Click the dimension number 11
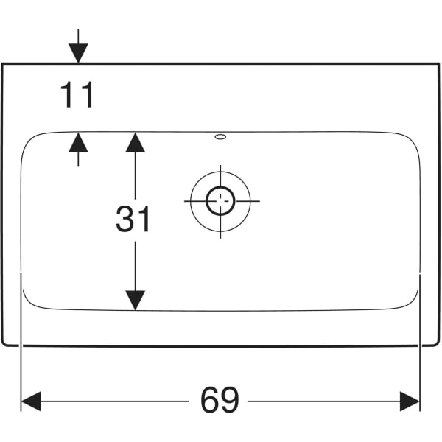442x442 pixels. (x=77, y=94)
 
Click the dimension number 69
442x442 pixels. (x=220, y=400)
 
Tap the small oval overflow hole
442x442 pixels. (x=220, y=137)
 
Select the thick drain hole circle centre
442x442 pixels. (x=220, y=201)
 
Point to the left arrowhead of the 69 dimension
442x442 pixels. (x=31, y=401)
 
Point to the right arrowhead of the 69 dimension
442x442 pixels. (x=410, y=401)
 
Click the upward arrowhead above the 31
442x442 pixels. (x=136, y=143)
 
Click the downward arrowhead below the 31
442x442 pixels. (x=136, y=301)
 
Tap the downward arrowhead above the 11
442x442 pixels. (x=78, y=53)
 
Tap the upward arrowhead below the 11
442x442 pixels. (x=78, y=143)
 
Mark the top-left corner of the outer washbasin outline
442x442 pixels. (x=2, y=63)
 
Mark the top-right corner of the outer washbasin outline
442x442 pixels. (x=439, y=63)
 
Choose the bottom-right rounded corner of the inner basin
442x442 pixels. (x=412, y=303)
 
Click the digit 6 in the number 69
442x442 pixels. (x=210, y=400)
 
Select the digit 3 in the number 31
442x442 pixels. (x=125, y=219)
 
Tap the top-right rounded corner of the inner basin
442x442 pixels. (x=413, y=139)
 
